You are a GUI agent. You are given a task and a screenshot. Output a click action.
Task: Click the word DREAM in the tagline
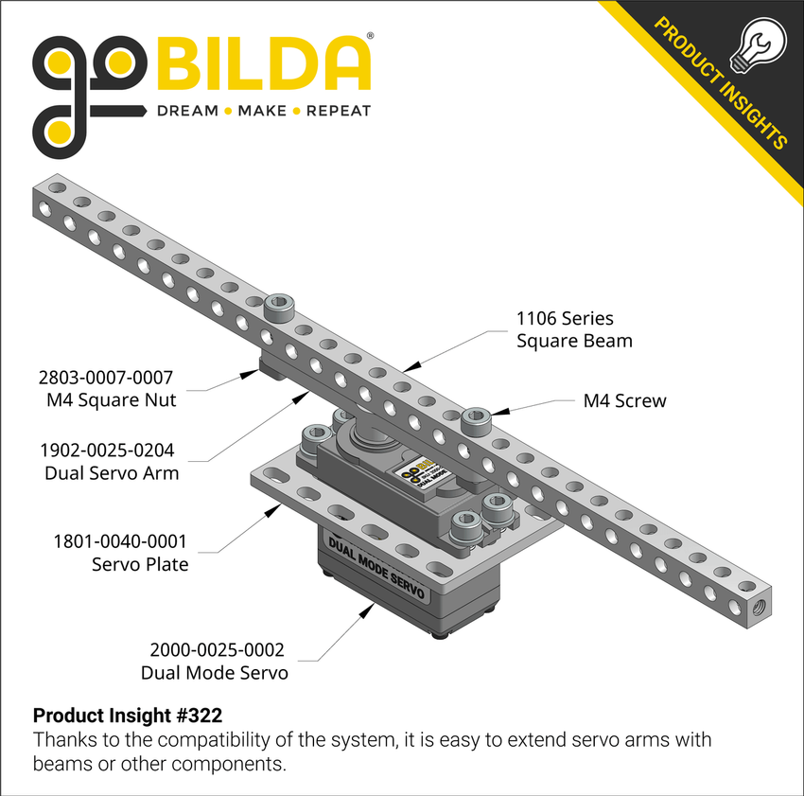click(187, 111)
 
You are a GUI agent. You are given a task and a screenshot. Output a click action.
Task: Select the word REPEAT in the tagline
click(338, 111)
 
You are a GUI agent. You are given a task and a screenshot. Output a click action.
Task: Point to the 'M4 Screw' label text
click(624, 400)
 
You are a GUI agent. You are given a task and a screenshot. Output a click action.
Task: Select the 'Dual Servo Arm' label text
click(112, 472)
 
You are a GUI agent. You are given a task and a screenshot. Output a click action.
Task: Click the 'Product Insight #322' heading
click(128, 714)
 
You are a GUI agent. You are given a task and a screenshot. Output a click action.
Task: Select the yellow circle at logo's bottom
click(56, 129)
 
